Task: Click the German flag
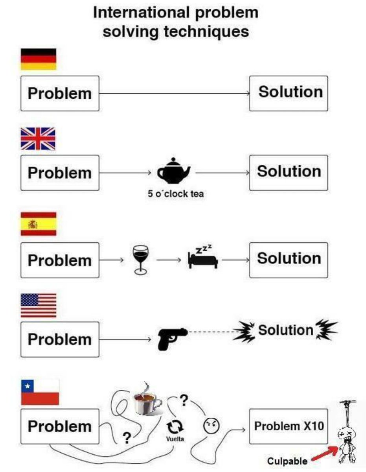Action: [x=39, y=59]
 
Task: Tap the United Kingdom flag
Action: [x=38, y=139]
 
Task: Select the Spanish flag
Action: [x=39, y=224]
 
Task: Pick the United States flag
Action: [x=39, y=305]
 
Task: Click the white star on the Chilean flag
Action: [x=28, y=386]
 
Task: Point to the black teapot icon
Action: [x=174, y=171]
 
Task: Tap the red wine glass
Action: [x=141, y=260]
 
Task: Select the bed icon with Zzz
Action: [x=203, y=257]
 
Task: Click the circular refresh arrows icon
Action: [x=175, y=426]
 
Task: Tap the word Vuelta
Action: [x=175, y=439]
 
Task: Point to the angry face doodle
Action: [x=211, y=426]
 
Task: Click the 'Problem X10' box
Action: [x=289, y=426]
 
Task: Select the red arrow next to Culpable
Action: [x=325, y=453]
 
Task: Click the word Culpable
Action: [x=287, y=461]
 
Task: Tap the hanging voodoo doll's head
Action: [x=347, y=434]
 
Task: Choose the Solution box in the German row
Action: [x=289, y=93]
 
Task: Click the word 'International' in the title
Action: [x=141, y=13]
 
